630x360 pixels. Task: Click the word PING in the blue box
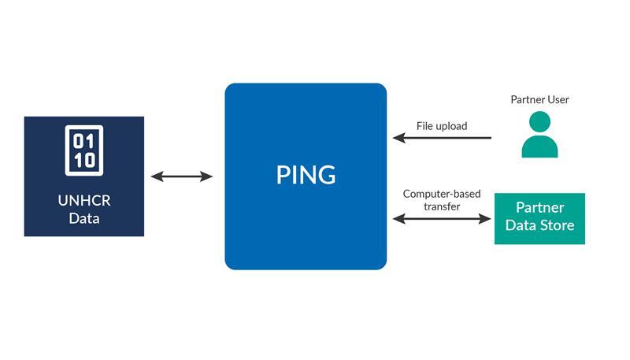[x=306, y=175]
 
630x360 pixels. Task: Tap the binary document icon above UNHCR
[x=83, y=150]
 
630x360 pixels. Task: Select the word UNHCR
[x=83, y=200]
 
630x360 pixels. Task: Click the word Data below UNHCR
[x=83, y=218]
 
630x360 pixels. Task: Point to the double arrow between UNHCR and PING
[x=182, y=176]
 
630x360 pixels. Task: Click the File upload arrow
[x=442, y=138]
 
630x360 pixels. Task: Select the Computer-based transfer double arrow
[x=442, y=218]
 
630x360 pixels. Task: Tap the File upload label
[x=442, y=125]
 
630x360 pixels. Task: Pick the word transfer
[x=441, y=206]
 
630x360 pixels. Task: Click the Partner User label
[x=539, y=100]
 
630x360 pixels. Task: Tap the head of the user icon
[x=539, y=121]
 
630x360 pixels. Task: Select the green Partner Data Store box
[x=539, y=218]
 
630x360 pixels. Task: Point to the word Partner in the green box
[x=539, y=209]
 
